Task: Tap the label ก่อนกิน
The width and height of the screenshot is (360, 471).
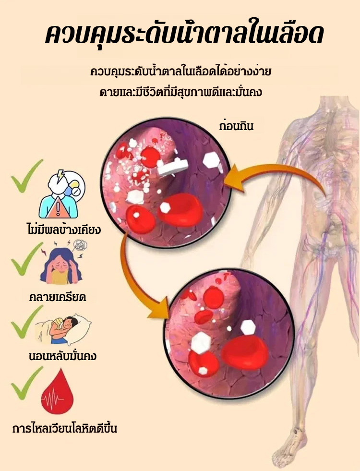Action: click(236, 126)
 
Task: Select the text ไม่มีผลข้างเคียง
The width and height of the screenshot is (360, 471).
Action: click(63, 229)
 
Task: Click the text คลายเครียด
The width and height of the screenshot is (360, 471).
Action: click(58, 297)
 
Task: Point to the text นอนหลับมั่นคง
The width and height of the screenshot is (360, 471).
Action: click(62, 356)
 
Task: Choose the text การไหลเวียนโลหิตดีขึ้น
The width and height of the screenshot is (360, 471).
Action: click(65, 428)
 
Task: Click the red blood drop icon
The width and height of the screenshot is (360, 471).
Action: click(57, 392)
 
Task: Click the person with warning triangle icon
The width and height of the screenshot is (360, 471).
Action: click(61, 194)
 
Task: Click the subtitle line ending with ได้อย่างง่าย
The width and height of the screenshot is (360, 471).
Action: click(181, 72)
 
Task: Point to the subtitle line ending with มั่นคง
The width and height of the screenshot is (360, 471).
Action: click(181, 92)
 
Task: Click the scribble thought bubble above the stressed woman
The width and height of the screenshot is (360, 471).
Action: click(80, 245)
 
